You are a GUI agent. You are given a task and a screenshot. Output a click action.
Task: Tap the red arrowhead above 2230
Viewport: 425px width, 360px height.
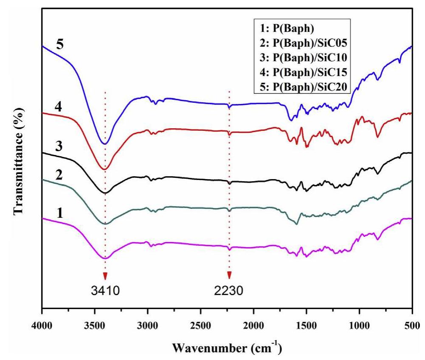click(x=229, y=275)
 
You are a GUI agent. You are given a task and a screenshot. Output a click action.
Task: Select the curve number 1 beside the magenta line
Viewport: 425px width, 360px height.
click(x=60, y=212)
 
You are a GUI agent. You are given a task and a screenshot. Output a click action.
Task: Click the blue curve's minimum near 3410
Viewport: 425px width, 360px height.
click(x=106, y=143)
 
